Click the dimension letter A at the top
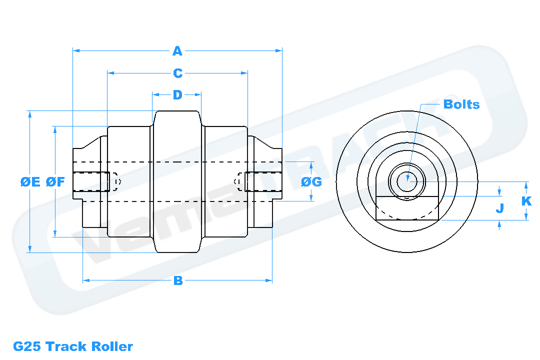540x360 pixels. (177, 50)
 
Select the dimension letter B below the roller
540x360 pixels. (177, 280)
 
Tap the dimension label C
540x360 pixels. (177, 73)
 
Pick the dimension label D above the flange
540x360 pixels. (177, 94)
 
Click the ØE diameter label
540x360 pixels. (30, 182)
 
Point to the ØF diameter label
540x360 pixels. (55, 182)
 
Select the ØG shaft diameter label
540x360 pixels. (311, 182)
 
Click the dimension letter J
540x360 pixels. (499, 208)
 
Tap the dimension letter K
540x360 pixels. (526, 201)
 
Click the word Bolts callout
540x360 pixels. (461, 104)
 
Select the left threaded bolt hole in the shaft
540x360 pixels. (91, 181)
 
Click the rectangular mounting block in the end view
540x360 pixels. (407, 208)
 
